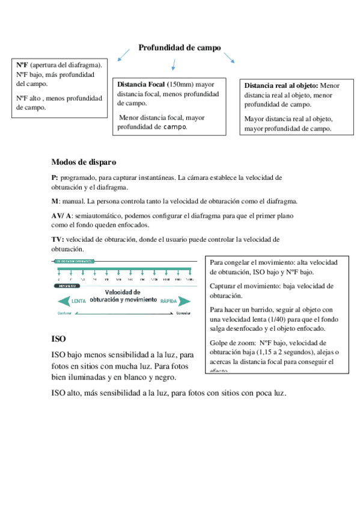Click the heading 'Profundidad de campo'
[x=180, y=48]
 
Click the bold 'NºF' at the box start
[x=22, y=65]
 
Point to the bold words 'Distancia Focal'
[x=141, y=84]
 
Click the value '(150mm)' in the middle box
[x=178, y=84]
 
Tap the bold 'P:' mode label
[x=55, y=178]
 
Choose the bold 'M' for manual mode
[x=55, y=201]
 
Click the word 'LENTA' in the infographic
[x=79, y=300]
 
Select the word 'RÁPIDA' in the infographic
[x=169, y=300]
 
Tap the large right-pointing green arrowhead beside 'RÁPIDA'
[x=185, y=300]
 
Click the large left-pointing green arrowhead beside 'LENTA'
[x=63, y=300]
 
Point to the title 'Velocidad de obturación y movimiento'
[x=123, y=295]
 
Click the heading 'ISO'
[x=59, y=338]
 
